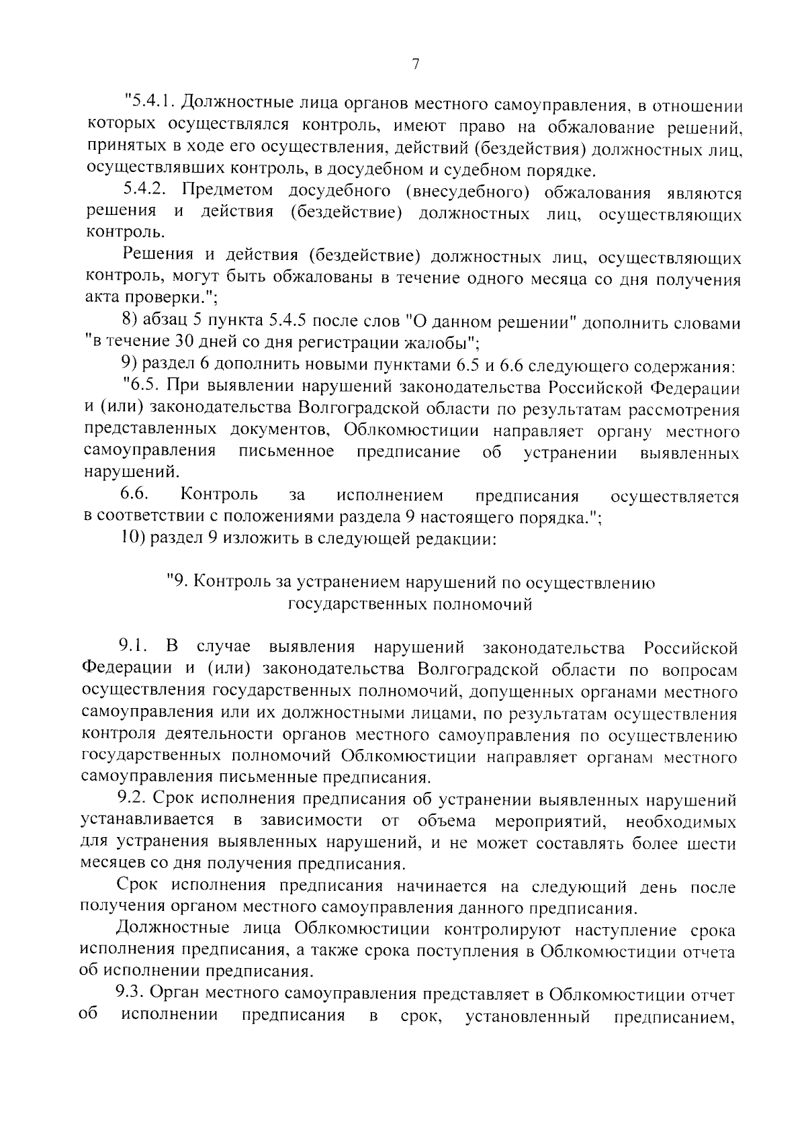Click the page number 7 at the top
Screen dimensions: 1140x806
pos(415,64)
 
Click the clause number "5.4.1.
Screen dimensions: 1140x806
pos(150,105)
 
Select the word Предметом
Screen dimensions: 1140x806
pos(227,191)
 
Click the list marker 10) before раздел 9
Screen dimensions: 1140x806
pos(134,538)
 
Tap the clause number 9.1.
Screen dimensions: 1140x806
pos(132,648)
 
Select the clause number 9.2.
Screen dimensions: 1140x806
pos(132,799)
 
